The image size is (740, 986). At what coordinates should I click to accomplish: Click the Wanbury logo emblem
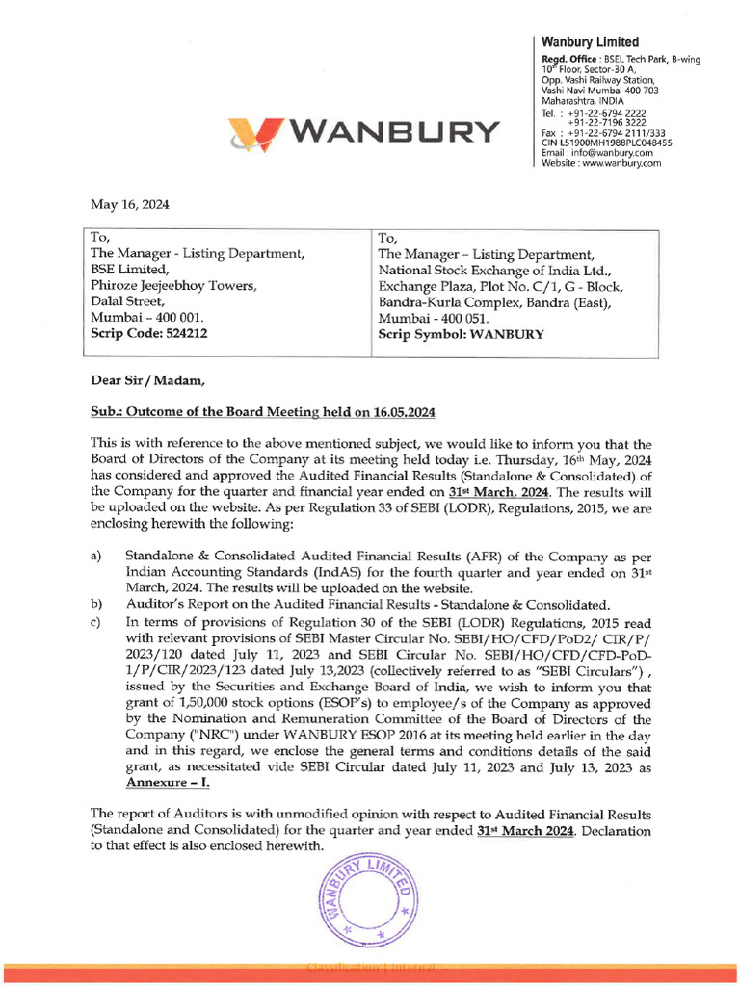(x=256, y=132)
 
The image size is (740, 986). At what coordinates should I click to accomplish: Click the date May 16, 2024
(x=129, y=204)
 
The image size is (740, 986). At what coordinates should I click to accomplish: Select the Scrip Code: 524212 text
(x=149, y=334)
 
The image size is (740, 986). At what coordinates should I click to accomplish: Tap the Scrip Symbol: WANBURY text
(x=461, y=335)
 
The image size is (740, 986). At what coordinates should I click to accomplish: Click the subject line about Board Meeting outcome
(x=262, y=412)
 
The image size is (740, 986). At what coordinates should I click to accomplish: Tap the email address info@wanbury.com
(x=597, y=152)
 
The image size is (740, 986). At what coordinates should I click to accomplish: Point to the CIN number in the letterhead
(x=607, y=143)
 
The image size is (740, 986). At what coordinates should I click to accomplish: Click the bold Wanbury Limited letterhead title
(x=590, y=41)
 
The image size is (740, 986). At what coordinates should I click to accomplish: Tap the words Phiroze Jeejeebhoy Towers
(x=173, y=286)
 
